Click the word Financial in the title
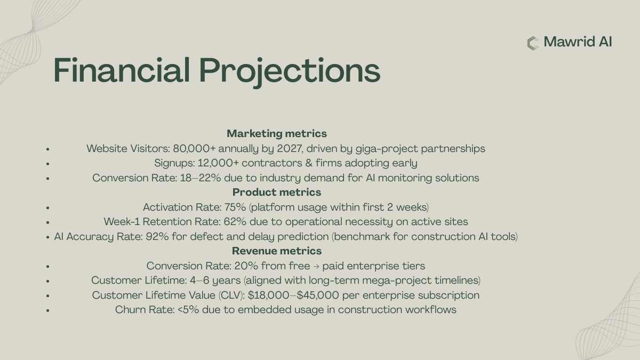[122, 70]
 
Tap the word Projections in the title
[290, 72]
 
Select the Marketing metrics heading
[277, 133]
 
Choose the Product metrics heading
[277, 192]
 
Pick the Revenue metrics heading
[277, 251]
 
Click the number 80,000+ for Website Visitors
[194, 149]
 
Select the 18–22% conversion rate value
[201, 178]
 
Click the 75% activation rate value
[235, 207]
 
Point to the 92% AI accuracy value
[157, 237]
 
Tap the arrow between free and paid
[316, 267]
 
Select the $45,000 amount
[318, 295]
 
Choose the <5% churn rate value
[188, 310]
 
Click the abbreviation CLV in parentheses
[230, 295]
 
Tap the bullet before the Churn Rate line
[47, 310]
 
